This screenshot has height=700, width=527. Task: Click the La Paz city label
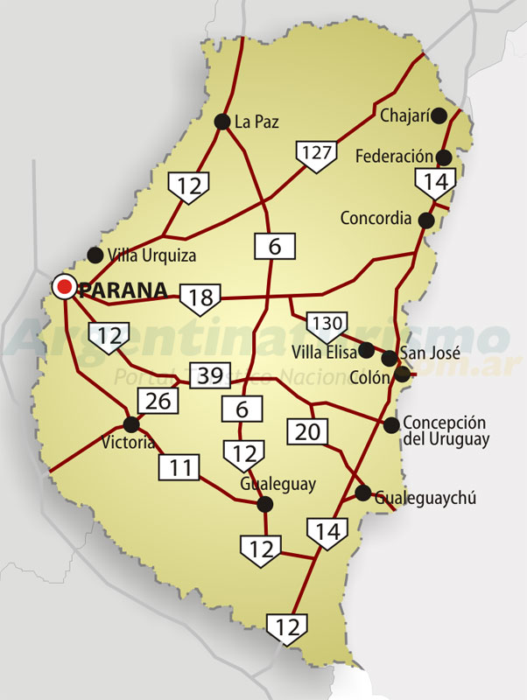(x=256, y=122)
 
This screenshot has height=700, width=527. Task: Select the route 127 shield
(x=316, y=154)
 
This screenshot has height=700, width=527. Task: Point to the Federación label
(x=395, y=157)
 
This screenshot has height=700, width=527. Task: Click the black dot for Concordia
(x=426, y=220)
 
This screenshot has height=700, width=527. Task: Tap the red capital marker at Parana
(x=64, y=286)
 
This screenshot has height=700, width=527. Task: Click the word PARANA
(x=123, y=290)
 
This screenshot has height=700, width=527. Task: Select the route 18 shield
(x=200, y=298)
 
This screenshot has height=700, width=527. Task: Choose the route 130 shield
(x=327, y=325)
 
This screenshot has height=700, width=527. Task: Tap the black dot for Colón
(x=402, y=374)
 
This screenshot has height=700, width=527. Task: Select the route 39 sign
(x=209, y=376)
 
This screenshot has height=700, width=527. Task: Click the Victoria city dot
(x=131, y=424)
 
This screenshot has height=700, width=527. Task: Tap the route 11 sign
(x=179, y=467)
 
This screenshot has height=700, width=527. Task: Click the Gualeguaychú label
(x=425, y=498)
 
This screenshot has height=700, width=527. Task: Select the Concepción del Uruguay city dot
(x=391, y=425)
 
